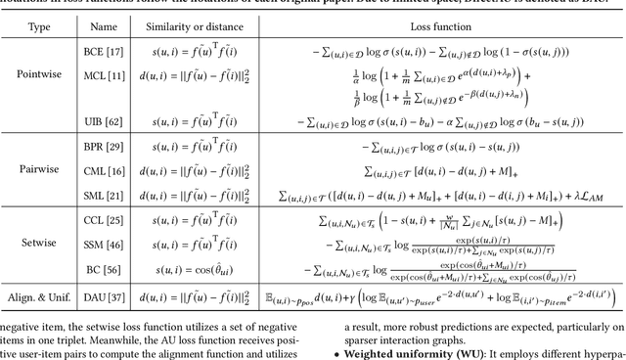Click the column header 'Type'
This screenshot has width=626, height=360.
(40, 28)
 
